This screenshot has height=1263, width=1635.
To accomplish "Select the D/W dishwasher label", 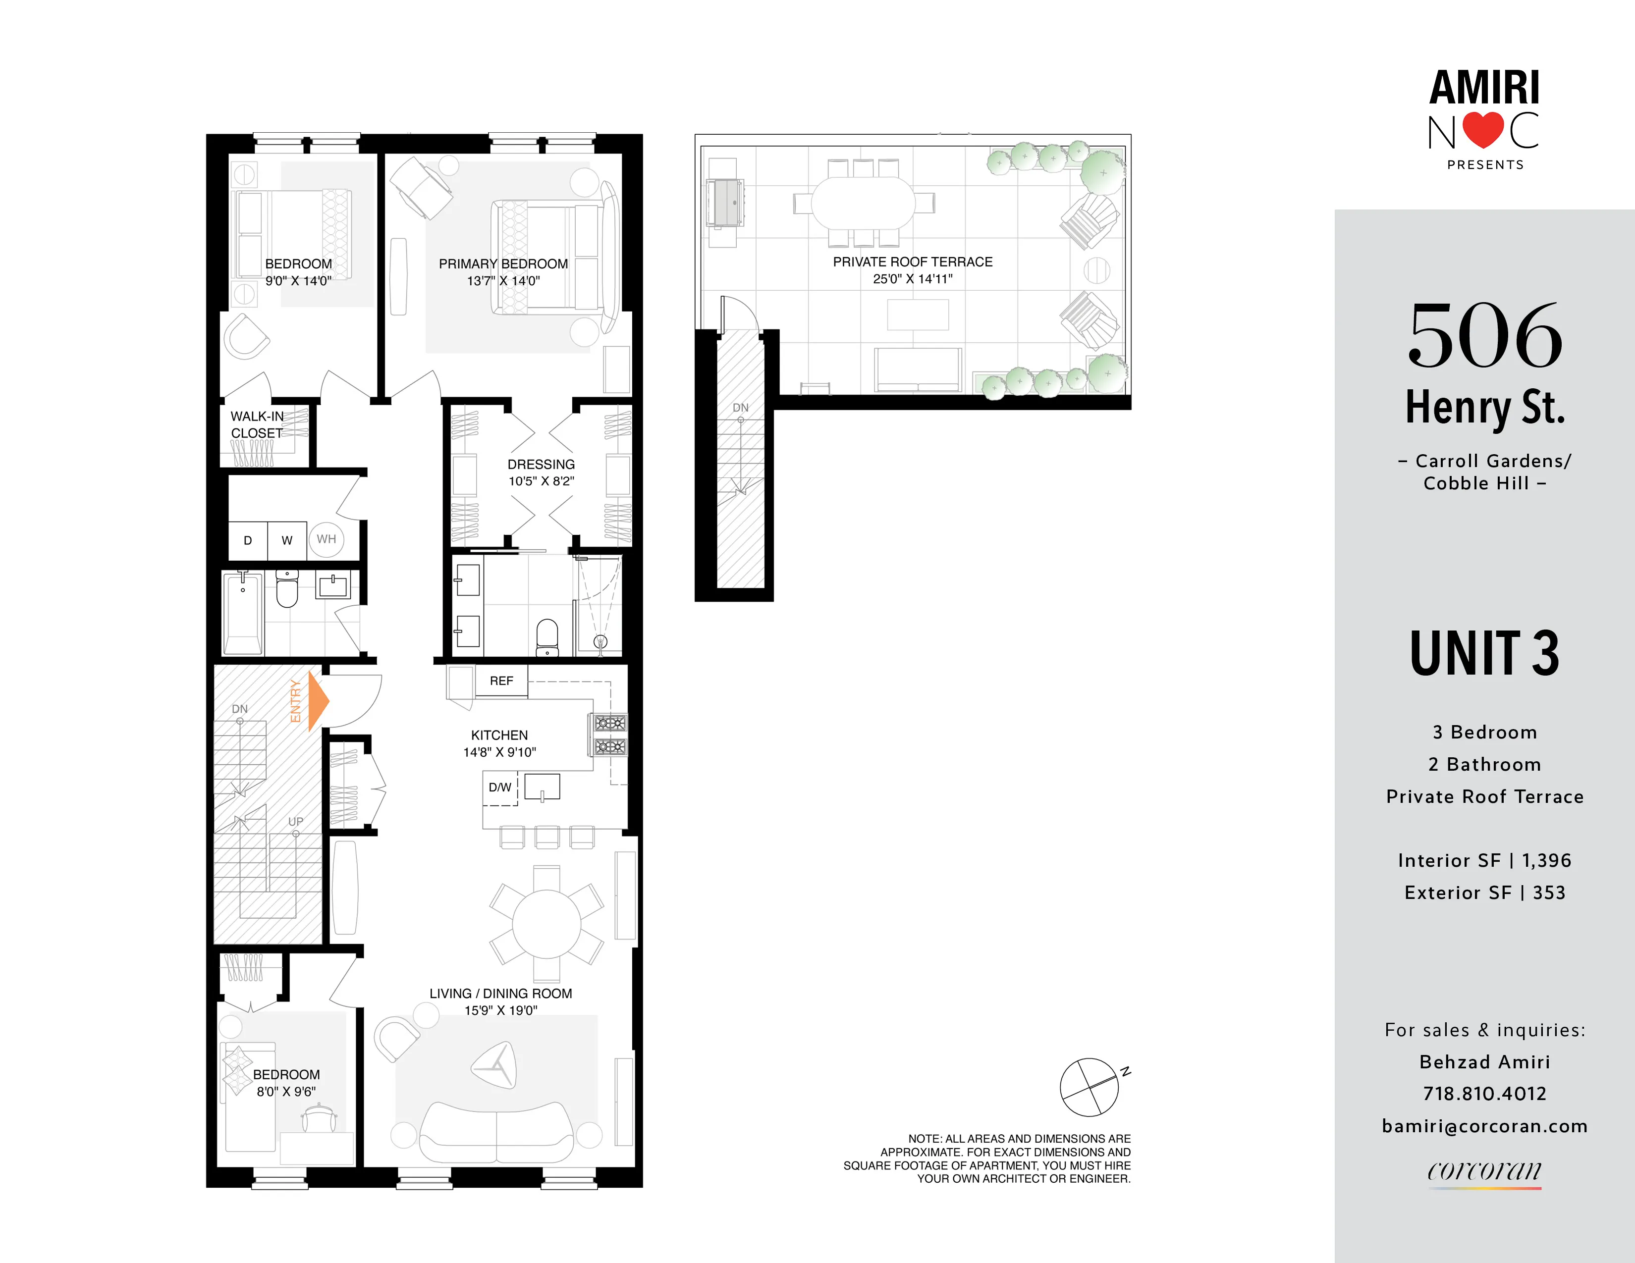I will [499, 787].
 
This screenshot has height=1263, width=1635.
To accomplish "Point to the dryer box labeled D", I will [248, 540].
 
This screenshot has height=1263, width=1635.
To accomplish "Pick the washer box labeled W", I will [287, 540].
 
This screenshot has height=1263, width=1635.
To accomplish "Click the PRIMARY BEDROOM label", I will [503, 264].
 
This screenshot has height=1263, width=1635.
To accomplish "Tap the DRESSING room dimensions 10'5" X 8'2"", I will [541, 481].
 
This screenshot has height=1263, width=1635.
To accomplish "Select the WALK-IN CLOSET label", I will [257, 425].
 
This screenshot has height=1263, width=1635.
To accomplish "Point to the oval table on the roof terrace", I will [863, 202].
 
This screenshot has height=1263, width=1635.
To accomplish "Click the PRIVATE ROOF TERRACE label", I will [913, 262].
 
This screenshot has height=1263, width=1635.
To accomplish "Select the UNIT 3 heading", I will [1484, 654].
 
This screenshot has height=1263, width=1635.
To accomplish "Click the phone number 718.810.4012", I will [1484, 1094].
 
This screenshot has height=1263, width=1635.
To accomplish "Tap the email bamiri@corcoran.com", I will [1484, 1126].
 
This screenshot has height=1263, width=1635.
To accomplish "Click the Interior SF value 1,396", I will [1547, 860].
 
